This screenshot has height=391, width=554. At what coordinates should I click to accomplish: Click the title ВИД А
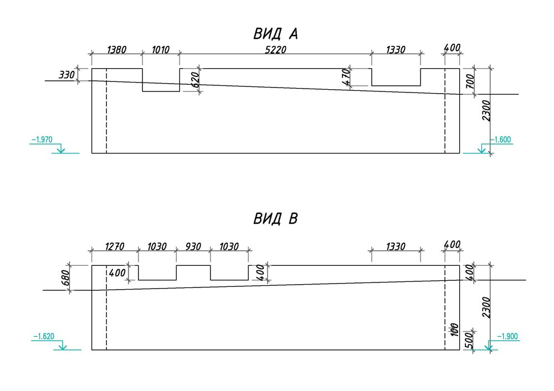click(x=276, y=34)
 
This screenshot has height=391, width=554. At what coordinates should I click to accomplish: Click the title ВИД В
click(x=276, y=219)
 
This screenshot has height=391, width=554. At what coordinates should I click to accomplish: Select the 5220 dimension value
click(x=275, y=49)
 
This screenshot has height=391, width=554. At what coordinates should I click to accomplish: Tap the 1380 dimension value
click(x=116, y=49)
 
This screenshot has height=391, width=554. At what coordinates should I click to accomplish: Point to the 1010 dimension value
click(x=161, y=49)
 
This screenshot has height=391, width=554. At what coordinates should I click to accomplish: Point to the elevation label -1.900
click(x=507, y=336)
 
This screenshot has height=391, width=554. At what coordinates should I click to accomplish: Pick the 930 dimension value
click(x=193, y=246)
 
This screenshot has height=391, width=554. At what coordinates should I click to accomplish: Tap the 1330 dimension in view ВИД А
click(x=395, y=49)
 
